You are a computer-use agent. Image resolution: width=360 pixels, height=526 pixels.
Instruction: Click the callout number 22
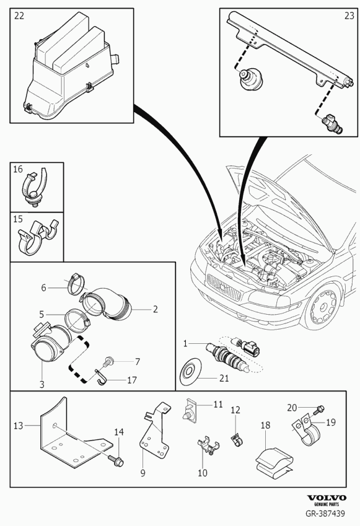point(19,15)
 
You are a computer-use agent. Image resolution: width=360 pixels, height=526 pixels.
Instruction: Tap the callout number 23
point(349,15)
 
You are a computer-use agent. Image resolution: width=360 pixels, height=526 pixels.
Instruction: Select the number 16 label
point(18,169)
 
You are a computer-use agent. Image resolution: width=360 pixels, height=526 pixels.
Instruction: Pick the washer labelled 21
point(190,371)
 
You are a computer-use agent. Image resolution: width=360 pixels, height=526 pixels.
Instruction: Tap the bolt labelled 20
point(318,410)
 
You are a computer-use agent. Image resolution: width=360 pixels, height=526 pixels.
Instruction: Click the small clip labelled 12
point(237,440)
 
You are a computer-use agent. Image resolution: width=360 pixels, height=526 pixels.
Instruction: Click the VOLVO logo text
point(327,498)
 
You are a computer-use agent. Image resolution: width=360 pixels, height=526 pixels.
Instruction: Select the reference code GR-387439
point(325,513)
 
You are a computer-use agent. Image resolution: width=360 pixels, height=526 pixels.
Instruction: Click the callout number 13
point(18,426)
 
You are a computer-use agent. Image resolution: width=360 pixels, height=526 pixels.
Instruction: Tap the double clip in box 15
point(38,237)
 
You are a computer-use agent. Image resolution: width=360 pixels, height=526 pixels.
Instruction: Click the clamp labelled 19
point(307,431)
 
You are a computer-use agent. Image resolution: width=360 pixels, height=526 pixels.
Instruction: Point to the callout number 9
point(143,473)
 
